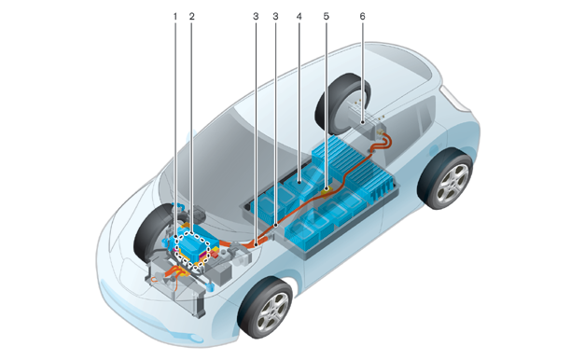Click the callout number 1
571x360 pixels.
[175, 17]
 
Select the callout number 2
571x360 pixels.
[192, 17]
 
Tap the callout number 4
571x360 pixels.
[299, 17]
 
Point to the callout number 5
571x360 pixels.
[326, 17]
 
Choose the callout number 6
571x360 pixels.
[362, 17]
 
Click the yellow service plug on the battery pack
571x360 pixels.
[327, 189]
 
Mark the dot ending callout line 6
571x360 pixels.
[362, 123]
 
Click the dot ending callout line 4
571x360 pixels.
[299, 182]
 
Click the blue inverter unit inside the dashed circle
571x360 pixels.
[193, 244]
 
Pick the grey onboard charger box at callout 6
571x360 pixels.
[364, 118]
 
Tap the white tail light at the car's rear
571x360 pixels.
[453, 98]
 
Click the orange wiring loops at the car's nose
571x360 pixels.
[174, 275]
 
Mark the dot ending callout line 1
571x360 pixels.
[175, 236]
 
